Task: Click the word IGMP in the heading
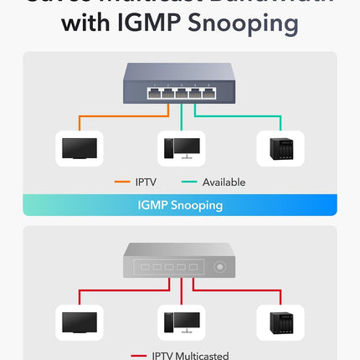coord(150,24)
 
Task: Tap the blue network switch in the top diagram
coord(180,82)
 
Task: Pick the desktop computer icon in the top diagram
coord(180,148)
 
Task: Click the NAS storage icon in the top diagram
coord(280,148)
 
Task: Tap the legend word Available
coord(224,182)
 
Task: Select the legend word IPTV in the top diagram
coord(146,182)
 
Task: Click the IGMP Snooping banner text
coord(180,205)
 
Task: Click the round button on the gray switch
coord(221,268)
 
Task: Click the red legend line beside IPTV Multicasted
coord(136,356)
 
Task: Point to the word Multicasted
coord(204,356)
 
